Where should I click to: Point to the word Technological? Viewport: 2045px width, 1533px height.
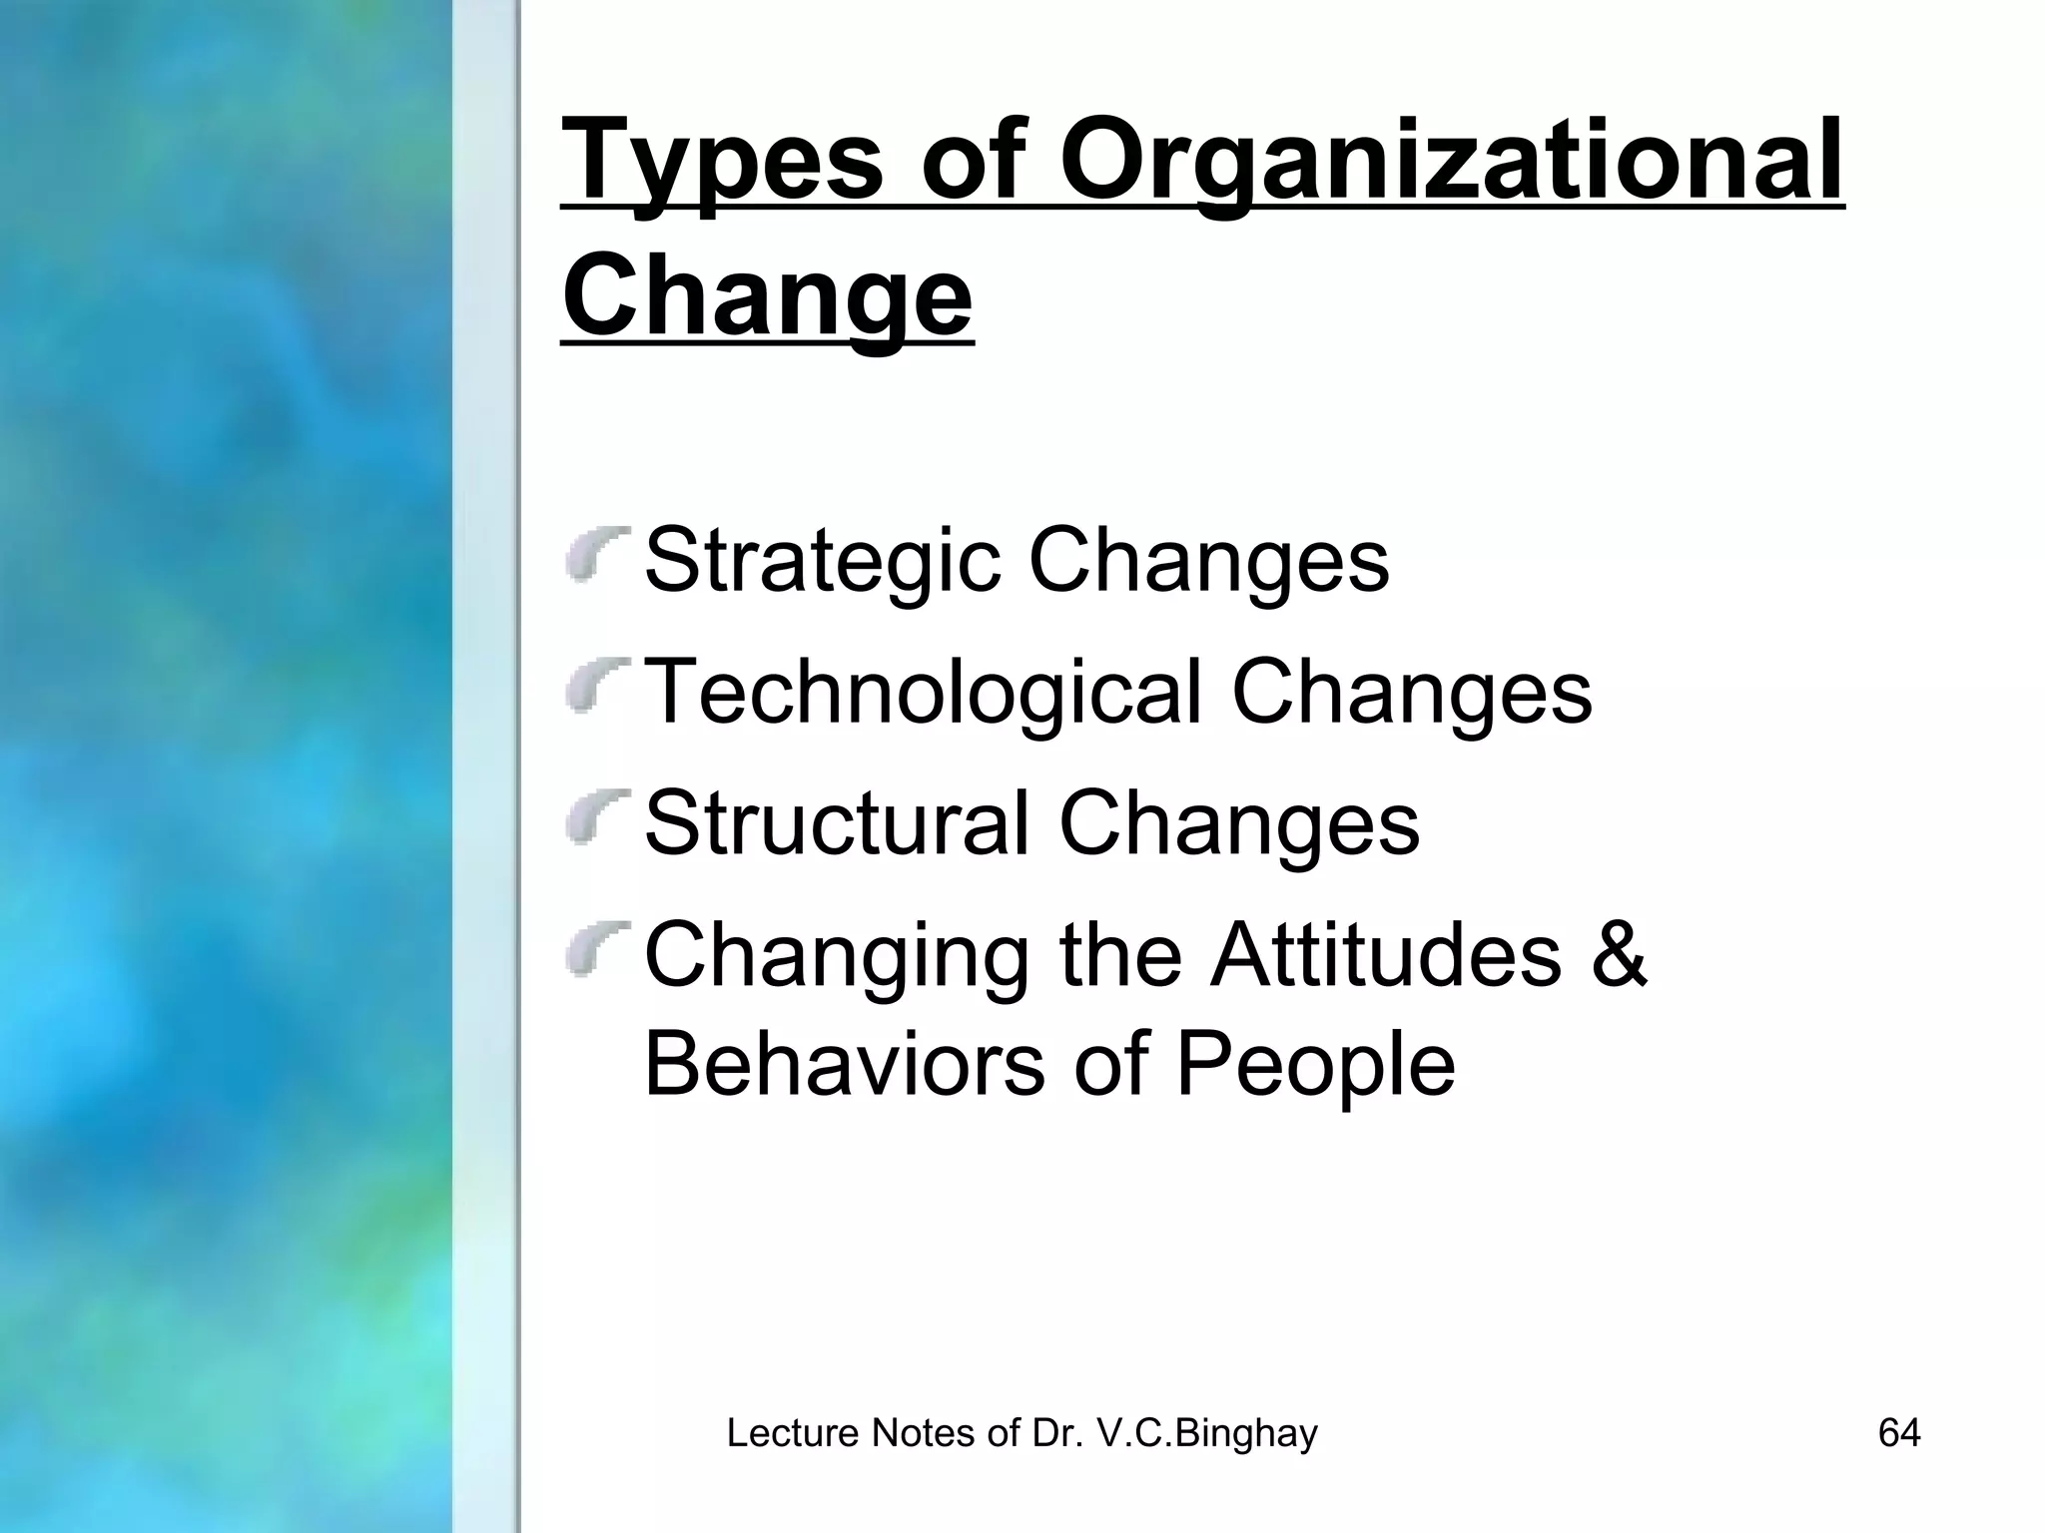click(x=923, y=693)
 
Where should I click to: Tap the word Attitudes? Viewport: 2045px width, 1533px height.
click(x=1386, y=954)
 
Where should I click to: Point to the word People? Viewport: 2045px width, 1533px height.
click(x=1315, y=1065)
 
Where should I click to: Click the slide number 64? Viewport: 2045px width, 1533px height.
click(x=1899, y=1433)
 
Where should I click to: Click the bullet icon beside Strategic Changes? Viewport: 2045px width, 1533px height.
click(x=595, y=554)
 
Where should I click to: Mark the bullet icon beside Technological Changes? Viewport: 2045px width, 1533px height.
click(x=595, y=686)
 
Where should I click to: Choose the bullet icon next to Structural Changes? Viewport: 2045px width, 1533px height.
click(x=595, y=817)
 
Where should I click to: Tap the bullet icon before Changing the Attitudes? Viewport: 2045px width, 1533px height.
click(x=595, y=949)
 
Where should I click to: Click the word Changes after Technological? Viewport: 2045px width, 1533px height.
click(x=1412, y=693)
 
